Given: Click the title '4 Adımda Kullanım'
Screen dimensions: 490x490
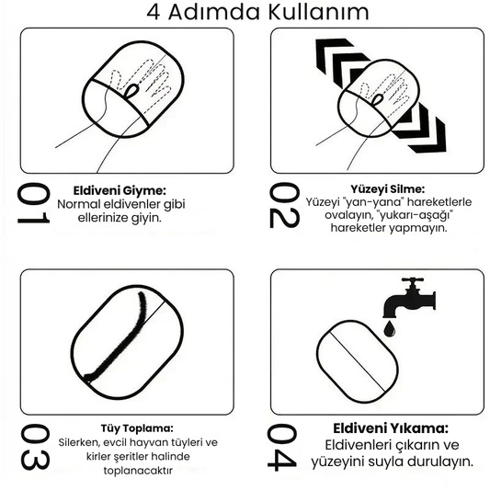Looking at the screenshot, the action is (x=257, y=13).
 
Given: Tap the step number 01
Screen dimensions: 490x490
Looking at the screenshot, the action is (x=33, y=203).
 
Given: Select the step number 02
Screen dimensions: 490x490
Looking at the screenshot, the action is (x=284, y=205).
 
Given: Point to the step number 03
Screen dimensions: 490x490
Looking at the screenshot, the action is (x=35, y=447).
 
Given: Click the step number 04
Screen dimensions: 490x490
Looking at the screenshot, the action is (x=282, y=447).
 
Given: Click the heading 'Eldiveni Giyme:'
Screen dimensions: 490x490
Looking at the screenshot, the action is (x=120, y=190).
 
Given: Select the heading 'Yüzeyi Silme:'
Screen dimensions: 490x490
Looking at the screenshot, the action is (x=388, y=189).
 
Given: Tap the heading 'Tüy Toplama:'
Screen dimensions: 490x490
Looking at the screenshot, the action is (x=137, y=428).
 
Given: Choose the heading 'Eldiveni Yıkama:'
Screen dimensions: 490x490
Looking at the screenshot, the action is (x=391, y=428).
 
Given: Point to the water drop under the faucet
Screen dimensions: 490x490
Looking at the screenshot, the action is (x=390, y=328).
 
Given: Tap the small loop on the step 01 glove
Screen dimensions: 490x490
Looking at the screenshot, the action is (x=131, y=91).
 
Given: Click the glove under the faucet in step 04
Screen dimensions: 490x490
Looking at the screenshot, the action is (x=358, y=361).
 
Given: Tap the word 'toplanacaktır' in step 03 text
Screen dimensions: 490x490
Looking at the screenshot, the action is (x=138, y=471).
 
